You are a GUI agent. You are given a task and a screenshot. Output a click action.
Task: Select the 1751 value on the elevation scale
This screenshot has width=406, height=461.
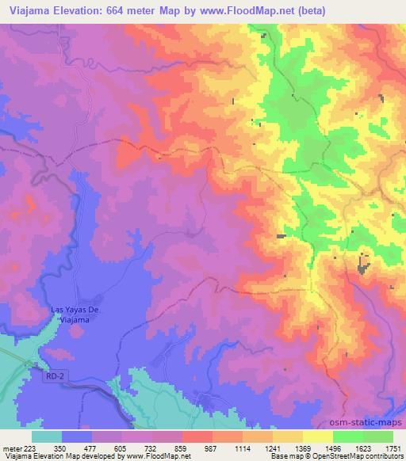point(393,448)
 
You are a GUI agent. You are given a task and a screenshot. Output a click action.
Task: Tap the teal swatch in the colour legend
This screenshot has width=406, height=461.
point(47,436)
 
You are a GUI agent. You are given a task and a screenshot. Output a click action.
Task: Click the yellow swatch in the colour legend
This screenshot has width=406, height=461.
point(317,436)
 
